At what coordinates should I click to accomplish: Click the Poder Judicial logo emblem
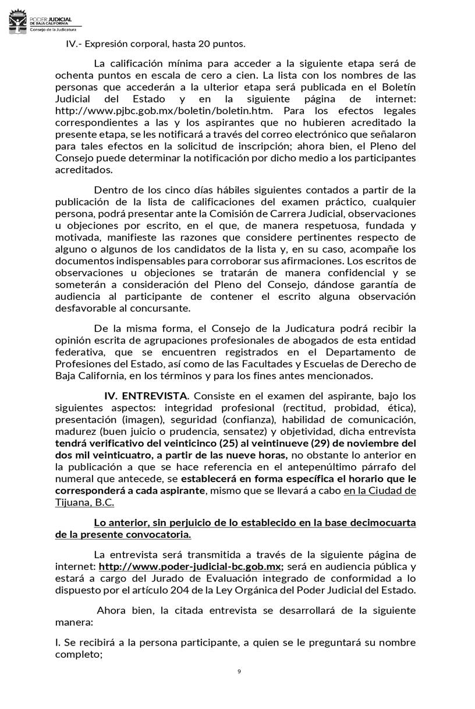(x=17, y=23)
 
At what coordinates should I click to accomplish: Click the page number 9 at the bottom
(x=239, y=672)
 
